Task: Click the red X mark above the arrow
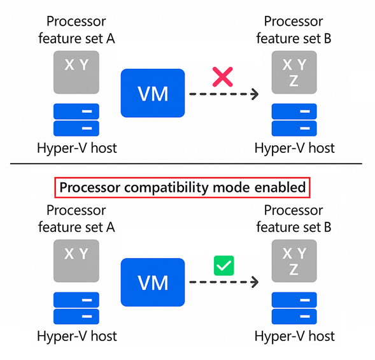click(222, 77)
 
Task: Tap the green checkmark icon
click(223, 265)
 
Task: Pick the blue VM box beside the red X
click(153, 94)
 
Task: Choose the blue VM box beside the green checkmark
click(153, 282)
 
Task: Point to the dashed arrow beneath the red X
click(223, 95)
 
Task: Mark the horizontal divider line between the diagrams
click(187, 164)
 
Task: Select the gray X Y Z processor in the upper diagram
click(294, 72)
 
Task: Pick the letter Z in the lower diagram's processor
click(294, 270)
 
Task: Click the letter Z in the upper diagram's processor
click(294, 80)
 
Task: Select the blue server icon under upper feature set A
click(76, 120)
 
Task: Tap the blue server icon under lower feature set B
click(294, 308)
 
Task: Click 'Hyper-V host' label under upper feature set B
click(294, 148)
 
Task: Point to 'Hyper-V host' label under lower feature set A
click(76, 336)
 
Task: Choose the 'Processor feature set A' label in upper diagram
click(76, 31)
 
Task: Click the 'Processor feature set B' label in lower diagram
click(294, 218)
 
